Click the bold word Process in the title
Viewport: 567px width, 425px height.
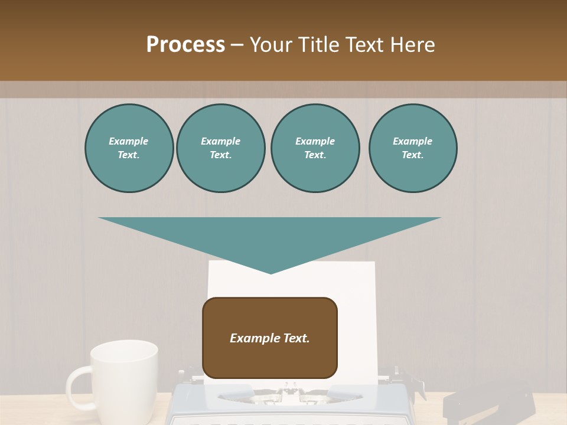185,45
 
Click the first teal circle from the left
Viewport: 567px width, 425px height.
129,148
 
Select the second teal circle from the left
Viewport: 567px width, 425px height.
220,148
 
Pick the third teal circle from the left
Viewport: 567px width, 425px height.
315,148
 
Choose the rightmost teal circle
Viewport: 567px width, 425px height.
412,148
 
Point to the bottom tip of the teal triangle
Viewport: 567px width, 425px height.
271,273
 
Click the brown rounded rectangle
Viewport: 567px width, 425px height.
270,360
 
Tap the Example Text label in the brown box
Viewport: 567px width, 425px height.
270,338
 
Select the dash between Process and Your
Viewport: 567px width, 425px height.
237,45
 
